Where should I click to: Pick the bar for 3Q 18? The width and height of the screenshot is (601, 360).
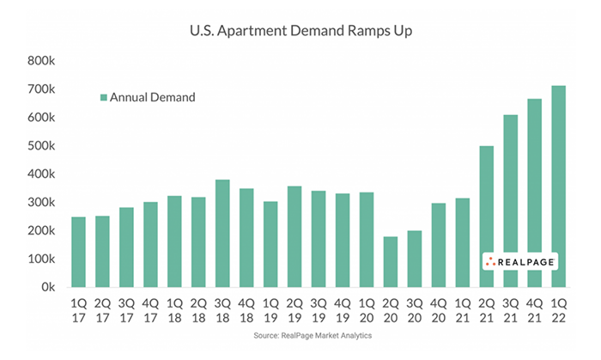(222, 233)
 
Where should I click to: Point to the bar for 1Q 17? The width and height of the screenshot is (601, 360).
(79, 252)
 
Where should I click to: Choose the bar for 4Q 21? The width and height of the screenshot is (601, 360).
(534, 192)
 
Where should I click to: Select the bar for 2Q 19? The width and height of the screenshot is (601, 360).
(294, 236)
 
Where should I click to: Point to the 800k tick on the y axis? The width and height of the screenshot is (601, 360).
(40, 61)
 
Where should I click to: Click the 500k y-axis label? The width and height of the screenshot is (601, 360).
(40, 146)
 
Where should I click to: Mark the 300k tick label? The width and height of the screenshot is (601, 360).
(40, 202)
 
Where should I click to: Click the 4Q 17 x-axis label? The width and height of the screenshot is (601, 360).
(150, 309)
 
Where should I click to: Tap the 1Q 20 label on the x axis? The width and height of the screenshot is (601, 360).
(367, 309)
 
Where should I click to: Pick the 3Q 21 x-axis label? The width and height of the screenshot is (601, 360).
(510, 309)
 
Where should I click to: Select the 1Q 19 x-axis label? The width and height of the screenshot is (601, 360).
(270, 309)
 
